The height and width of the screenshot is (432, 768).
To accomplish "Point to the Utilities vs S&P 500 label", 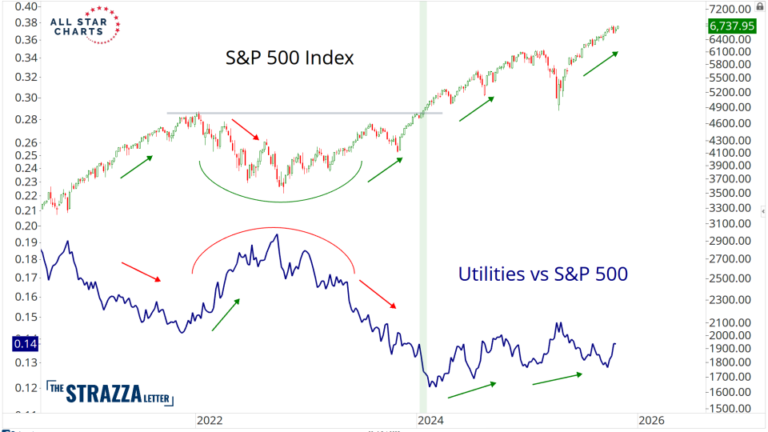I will [542, 274].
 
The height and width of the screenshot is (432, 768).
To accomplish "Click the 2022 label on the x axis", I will [209, 420].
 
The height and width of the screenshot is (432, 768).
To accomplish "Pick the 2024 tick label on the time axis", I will [430, 420].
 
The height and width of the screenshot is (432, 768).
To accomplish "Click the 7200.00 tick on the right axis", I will [731, 9].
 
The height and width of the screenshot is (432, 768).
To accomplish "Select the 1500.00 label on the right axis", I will [731, 409].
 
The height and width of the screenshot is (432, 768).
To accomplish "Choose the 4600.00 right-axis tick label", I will [731, 123].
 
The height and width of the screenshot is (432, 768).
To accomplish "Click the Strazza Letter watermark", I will [110, 393].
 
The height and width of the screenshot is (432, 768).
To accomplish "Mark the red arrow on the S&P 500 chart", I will [246, 130].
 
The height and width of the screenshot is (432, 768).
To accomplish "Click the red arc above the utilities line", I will [272, 230].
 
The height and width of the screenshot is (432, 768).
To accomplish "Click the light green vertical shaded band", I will [423, 240].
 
